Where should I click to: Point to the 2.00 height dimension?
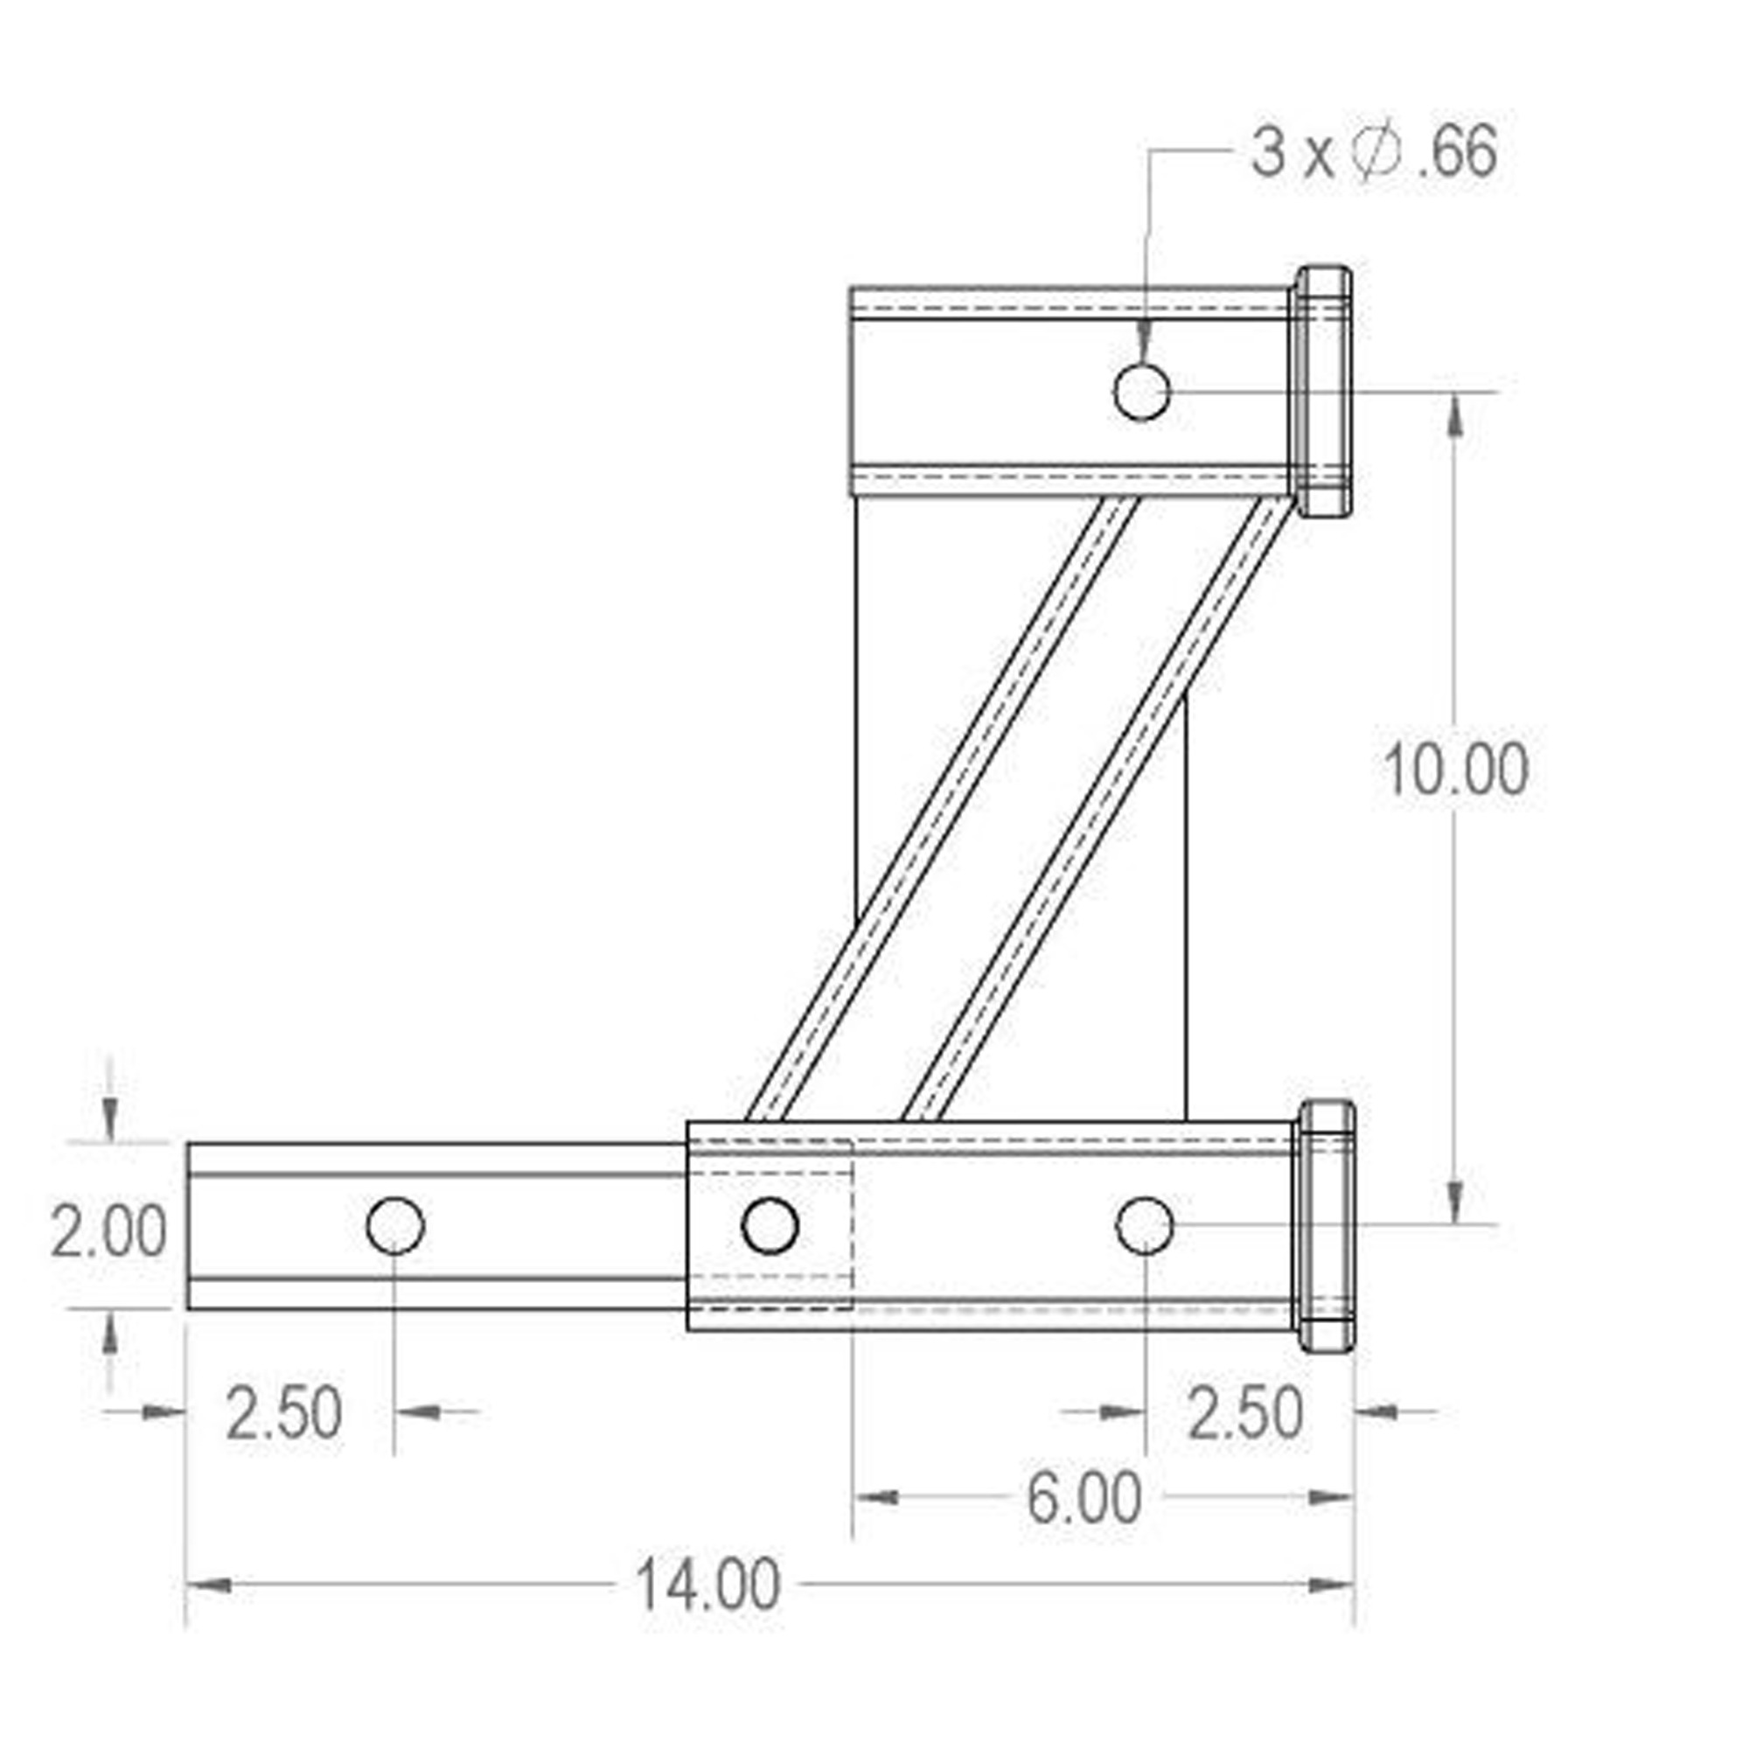coord(108,1231)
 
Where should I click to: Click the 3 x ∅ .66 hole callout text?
coord(1374,152)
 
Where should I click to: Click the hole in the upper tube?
coord(1141,392)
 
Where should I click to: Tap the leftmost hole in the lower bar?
coord(395,1226)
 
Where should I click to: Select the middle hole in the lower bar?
coord(770,1226)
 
